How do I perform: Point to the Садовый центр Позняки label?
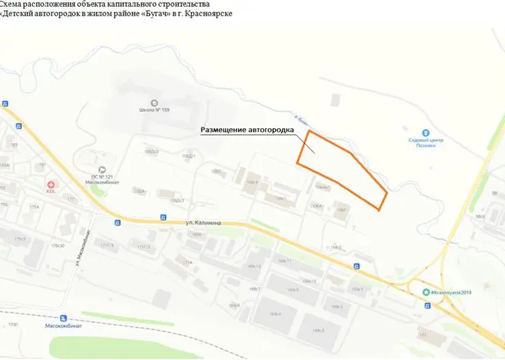click(x=426, y=143)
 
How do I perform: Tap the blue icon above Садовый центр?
click(x=426, y=132)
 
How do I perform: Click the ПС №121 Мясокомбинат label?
click(x=103, y=179)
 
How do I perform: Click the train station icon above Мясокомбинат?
click(x=63, y=318)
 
